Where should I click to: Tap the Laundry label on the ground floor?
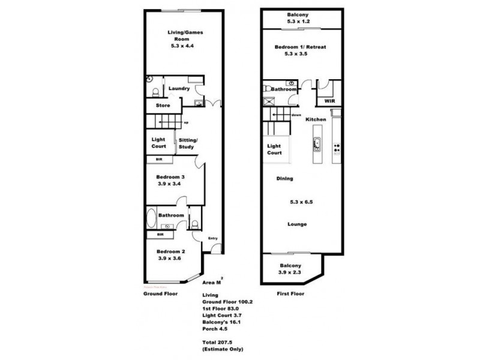(179, 89)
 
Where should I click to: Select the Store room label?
(163, 106)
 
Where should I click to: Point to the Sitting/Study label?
(188, 143)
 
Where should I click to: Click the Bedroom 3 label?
(170, 177)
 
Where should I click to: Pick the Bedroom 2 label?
(169, 251)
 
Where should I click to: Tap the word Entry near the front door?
(212, 239)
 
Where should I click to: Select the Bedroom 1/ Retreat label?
(300, 47)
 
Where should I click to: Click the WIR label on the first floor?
(329, 101)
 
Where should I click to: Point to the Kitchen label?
(316, 120)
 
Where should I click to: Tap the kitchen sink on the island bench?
(316, 145)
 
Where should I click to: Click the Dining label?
(284, 179)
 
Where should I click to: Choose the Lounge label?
(296, 224)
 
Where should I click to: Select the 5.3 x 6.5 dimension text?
(301, 202)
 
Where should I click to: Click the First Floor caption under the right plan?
(290, 294)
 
